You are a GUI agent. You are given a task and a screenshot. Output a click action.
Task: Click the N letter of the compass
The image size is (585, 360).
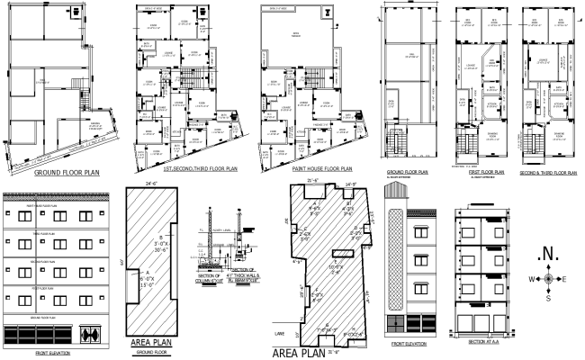548,253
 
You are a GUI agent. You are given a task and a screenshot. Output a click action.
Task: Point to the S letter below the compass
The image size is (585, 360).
548,300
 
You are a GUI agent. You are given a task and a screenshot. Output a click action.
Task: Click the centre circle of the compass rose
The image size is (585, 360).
548,279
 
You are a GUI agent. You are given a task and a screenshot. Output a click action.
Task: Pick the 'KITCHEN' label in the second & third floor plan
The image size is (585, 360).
557,105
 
